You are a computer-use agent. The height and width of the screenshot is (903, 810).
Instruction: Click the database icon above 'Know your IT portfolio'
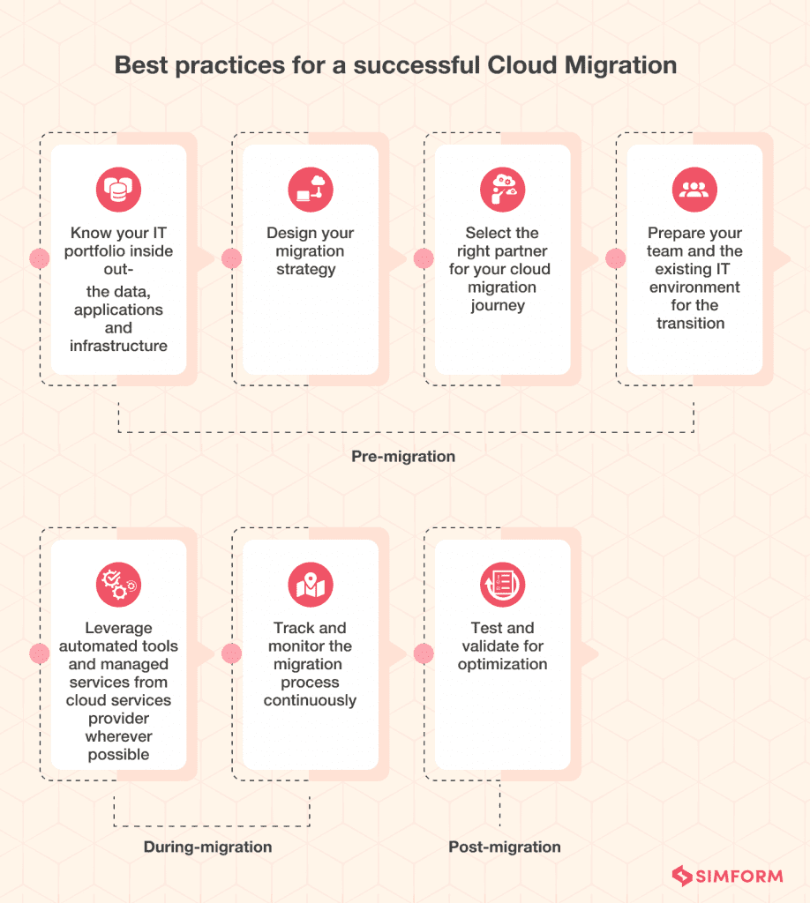tap(118, 190)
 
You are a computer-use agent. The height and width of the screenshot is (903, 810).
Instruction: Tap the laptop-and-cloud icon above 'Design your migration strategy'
tap(311, 190)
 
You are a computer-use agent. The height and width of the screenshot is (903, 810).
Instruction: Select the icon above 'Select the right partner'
tap(502, 190)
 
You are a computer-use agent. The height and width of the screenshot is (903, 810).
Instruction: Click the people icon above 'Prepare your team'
tap(694, 190)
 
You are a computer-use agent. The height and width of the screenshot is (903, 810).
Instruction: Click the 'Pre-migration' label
tap(403, 457)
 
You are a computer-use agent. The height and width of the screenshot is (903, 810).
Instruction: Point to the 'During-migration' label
tap(207, 847)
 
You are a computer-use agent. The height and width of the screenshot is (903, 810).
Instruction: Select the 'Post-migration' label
tap(504, 847)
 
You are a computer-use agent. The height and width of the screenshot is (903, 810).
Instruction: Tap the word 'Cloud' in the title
tap(531, 65)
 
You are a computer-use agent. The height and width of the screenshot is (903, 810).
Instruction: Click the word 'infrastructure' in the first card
tap(118, 346)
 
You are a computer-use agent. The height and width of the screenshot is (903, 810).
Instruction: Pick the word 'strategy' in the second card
tap(306, 269)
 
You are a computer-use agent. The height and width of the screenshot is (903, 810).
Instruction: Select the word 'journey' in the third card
tap(498, 305)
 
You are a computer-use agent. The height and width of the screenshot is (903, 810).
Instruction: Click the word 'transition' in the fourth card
tap(691, 323)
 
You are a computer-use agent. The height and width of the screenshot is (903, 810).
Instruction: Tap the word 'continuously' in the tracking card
tap(310, 700)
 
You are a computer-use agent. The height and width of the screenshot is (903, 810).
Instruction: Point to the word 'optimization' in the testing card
tap(502, 664)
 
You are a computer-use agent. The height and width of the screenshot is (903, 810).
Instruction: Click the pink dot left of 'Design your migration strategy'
tap(232, 258)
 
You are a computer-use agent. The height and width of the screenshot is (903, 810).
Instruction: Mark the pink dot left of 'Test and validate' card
tap(424, 653)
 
